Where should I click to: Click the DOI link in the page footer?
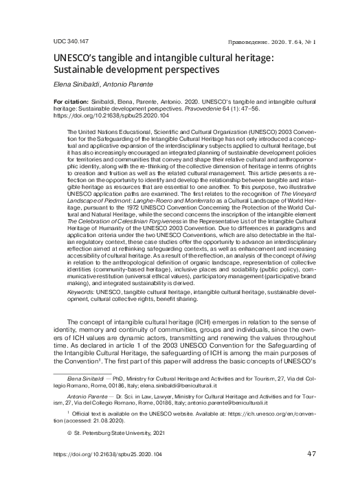tap(107, 474)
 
